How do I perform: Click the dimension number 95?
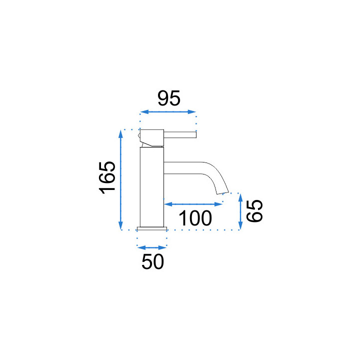(169, 98)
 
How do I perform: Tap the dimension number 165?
(107, 178)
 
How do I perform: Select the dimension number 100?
(195, 218)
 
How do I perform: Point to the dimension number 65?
(254, 211)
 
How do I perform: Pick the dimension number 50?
(152, 261)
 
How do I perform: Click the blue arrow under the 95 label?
(168, 112)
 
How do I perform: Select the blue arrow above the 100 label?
(193, 204)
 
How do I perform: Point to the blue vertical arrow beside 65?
(240, 211)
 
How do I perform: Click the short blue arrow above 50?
(152, 247)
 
